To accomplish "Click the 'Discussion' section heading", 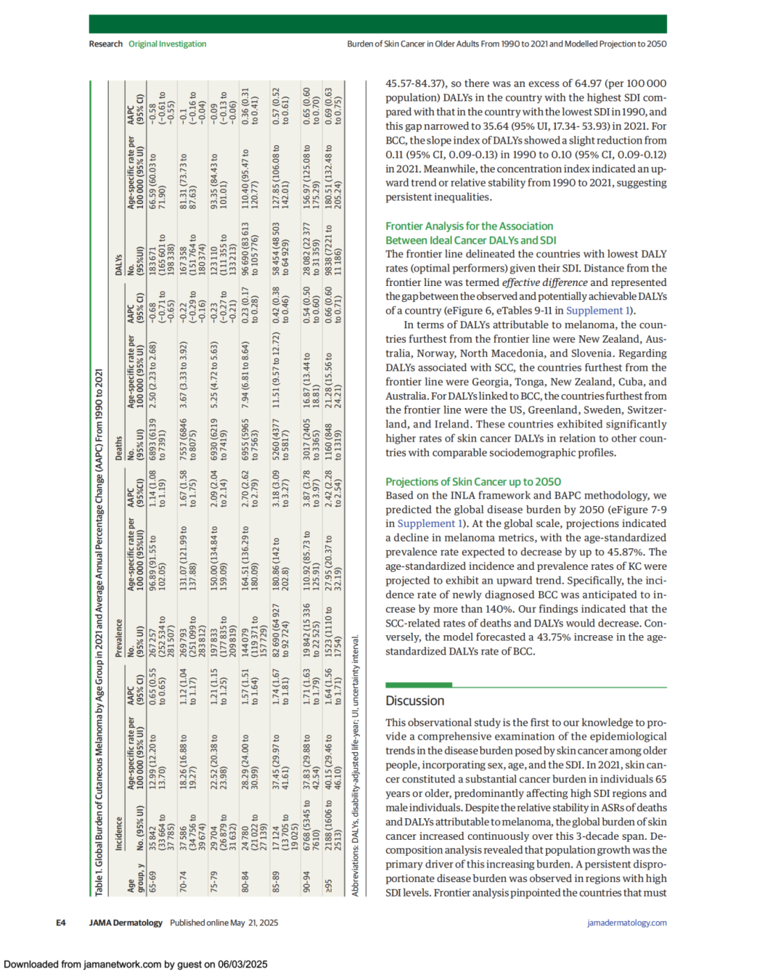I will coord(415,701).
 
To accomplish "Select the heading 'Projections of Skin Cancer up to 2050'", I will coord(473,482).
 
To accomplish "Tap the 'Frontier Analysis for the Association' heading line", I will coord(469,226).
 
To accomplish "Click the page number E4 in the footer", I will coord(61,923).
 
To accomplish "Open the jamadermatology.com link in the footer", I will coord(627,923).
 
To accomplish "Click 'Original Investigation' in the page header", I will coord(167,43).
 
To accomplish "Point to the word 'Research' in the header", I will coord(106,43).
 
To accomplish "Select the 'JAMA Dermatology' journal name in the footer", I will coord(125,923).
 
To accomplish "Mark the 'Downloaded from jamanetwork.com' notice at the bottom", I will coord(135,965).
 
